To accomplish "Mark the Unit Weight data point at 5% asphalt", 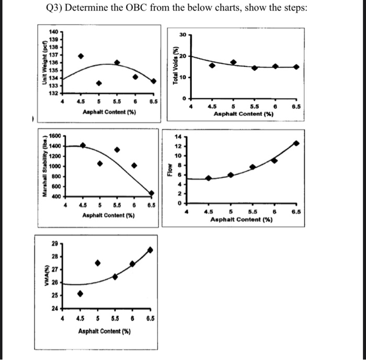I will click(x=98, y=83).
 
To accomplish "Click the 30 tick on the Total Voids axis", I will click(x=182, y=35).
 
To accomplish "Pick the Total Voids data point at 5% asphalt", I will click(x=233, y=62).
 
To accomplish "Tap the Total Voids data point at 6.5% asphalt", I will click(x=296, y=67).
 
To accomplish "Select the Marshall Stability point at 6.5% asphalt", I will click(x=152, y=193).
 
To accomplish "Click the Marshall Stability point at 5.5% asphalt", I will click(x=117, y=149).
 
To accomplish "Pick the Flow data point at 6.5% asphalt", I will click(x=296, y=143).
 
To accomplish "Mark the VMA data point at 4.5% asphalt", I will click(x=80, y=294).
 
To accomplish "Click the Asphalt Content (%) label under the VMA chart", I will click(x=104, y=332).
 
